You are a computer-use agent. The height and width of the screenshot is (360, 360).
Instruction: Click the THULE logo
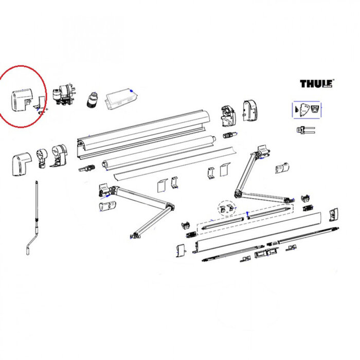316,84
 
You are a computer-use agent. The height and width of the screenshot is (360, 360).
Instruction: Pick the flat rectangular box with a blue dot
119,99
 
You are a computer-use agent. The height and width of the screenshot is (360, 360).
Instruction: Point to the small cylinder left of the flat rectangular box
93,98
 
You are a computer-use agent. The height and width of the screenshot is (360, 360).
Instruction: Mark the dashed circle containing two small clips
225,207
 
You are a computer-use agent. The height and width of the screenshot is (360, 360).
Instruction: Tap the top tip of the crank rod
37,183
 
